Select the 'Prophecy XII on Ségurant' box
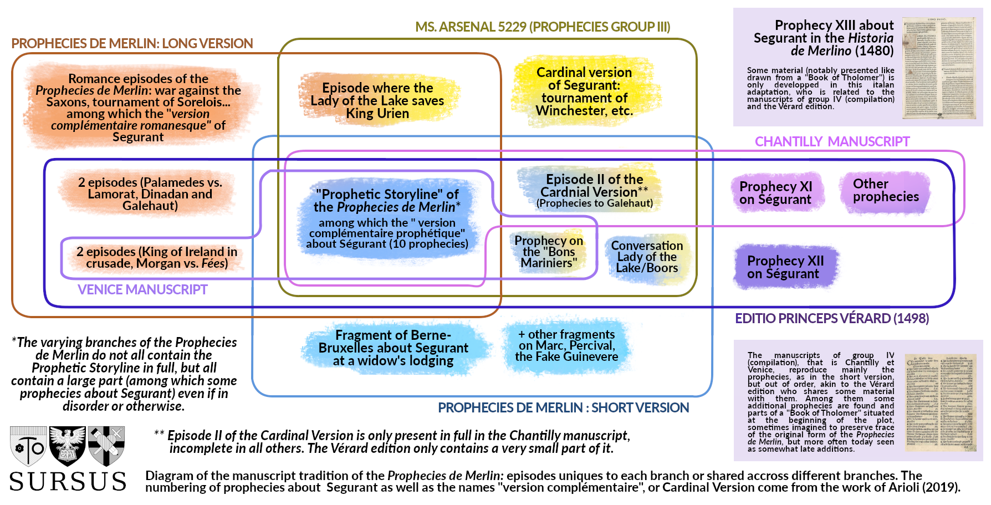tap(785, 267)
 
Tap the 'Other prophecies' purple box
tap(885, 191)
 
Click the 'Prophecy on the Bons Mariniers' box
tap(548, 252)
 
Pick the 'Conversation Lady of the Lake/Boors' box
tap(647, 257)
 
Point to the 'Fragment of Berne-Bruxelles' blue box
tap(393, 348)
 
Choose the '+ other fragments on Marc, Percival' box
tap(566, 346)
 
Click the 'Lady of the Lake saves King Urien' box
tap(377, 100)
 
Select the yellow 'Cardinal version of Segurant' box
tap(584, 91)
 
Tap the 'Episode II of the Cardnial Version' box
tap(594, 191)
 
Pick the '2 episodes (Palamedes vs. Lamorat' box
tap(150, 194)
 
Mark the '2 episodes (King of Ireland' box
tap(157, 258)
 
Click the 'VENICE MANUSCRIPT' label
tap(142, 290)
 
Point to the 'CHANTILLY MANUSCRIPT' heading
tap(832, 142)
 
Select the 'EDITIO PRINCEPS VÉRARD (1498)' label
tap(831, 319)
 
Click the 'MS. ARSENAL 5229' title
tap(543, 27)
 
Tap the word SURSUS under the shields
tap(68, 482)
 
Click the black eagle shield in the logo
tap(68, 445)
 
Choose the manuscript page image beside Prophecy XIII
tap(939, 68)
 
